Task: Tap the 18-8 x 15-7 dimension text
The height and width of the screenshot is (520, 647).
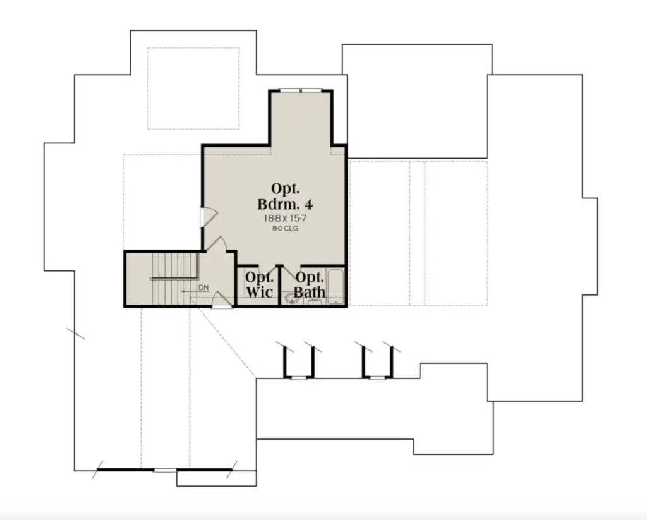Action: pyautogui.click(x=285, y=218)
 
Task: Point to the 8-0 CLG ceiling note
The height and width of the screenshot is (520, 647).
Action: pyautogui.click(x=285, y=228)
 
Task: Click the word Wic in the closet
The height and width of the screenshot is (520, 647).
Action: pyautogui.click(x=260, y=292)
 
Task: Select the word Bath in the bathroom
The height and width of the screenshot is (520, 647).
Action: pyautogui.click(x=310, y=292)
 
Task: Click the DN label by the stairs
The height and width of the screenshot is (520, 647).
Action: pyautogui.click(x=203, y=287)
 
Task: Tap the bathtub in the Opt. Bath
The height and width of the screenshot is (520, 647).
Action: pyautogui.click(x=336, y=287)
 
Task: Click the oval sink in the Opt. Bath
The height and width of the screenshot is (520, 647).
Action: pyautogui.click(x=292, y=298)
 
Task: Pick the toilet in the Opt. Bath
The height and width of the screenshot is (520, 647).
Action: pyautogui.click(x=315, y=303)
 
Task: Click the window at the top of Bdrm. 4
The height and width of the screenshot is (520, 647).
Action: pyautogui.click(x=300, y=90)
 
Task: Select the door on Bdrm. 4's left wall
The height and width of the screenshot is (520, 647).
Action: pyautogui.click(x=208, y=216)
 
